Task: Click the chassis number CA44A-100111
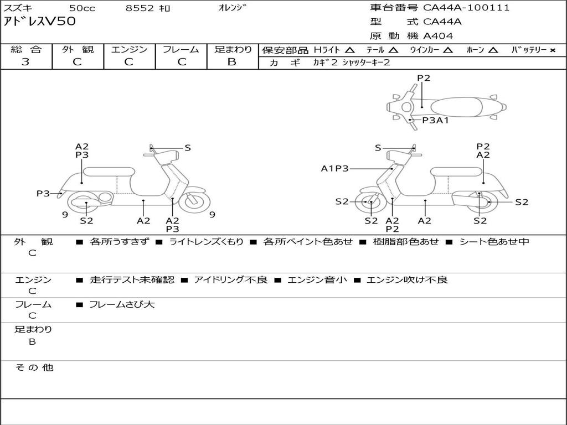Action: click(x=466, y=8)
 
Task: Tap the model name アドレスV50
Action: click(x=40, y=22)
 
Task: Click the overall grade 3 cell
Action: click(x=25, y=62)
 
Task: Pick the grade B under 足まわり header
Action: click(x=232, y=62)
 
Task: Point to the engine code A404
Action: click(x=438, y=36)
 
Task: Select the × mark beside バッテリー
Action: click(x=553, y=50)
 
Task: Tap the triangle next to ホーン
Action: click(x=493, y=50)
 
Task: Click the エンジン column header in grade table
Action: click(x=129, y=49)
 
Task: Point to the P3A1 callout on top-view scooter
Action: click(x=435, y=120)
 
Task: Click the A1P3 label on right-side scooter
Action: click(x=335, y=168)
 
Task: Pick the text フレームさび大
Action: click(x=122, y=304)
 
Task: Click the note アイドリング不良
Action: click(x=230, y=279)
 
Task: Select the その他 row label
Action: click(x=34, y=367)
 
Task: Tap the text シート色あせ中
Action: click(x=494, y=241)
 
